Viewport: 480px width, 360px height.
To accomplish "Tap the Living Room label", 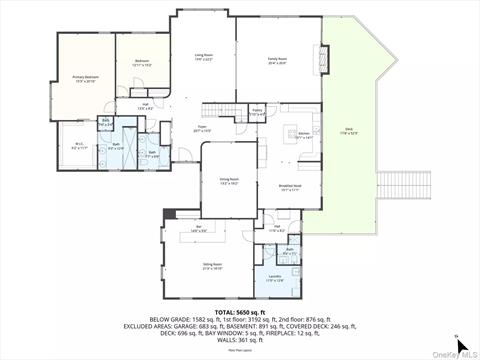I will (204, 57).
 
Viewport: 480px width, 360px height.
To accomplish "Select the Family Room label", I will (277, 60).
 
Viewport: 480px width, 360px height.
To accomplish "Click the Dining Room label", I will (229, 182).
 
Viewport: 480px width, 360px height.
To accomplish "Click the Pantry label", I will (257, 112).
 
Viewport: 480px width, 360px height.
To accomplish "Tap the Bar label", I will (199, 230).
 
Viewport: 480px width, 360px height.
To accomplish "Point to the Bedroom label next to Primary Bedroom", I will (141, 62).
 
